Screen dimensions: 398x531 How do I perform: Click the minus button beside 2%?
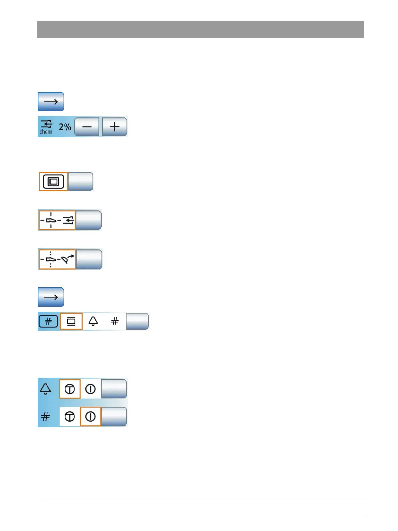pos(87,127)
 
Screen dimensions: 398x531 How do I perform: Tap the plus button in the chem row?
pos(115,127)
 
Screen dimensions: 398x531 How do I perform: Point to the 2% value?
pos(65,127)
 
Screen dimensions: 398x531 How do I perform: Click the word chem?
pos(46,132)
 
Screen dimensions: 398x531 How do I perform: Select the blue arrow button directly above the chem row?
pos(51,102)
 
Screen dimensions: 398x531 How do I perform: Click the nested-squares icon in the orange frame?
pos(54,182)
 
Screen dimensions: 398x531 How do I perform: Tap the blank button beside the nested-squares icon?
pos(81,182)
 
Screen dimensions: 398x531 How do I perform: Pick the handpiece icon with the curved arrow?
pos(57,259)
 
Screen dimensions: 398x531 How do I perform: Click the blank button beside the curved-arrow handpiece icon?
pos(89,259)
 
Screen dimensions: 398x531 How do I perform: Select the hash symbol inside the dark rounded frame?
pos(48,321)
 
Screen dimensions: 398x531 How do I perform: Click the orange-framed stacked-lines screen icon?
pos(71,321)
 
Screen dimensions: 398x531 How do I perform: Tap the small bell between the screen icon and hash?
pos(93,321)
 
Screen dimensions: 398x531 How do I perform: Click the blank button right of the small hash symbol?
pos(137,321)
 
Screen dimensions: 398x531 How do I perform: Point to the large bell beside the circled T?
pos(45,389)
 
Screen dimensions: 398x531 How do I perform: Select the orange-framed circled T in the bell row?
pos(70,389)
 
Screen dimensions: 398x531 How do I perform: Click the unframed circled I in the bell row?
pos(90,389)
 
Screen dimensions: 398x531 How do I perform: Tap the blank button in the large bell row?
pos(114,389)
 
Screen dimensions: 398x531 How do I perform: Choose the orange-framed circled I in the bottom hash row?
pos(90,417)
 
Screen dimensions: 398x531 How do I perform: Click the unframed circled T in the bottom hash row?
pos(70,417)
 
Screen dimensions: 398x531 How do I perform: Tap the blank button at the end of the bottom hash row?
pos(114,417)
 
